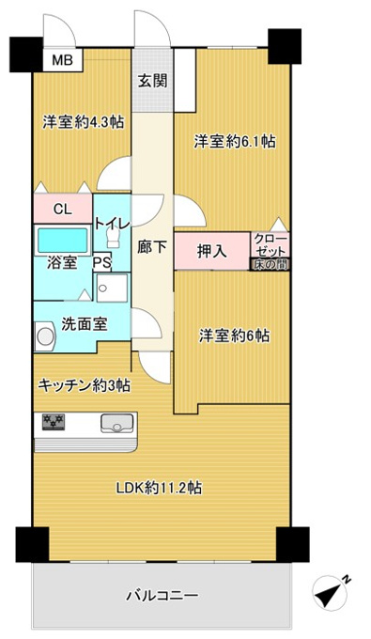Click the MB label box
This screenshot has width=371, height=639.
tap(63, 60)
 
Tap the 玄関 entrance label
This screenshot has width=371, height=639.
tap(152, 81)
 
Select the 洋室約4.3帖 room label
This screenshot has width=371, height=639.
tap(84, 122)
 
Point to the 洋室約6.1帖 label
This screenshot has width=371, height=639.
tap(234, 141)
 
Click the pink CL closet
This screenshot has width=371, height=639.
tap(63, 209)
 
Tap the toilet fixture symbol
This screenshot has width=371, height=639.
tap(113, 237)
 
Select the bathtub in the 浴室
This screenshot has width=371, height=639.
tap(63, 240)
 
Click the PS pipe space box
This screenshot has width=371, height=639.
tap(101, 263)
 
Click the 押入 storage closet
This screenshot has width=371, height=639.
tap(211, 251)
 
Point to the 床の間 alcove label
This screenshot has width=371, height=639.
tap(270, 264)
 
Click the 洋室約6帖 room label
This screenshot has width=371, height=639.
tap(234, 336)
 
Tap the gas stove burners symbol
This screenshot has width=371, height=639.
tap(54, 421)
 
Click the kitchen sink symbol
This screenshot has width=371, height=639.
tap(117, 423)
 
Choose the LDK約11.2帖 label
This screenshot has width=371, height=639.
tap(160, 488)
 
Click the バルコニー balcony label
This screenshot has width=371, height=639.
tap(162, 596)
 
